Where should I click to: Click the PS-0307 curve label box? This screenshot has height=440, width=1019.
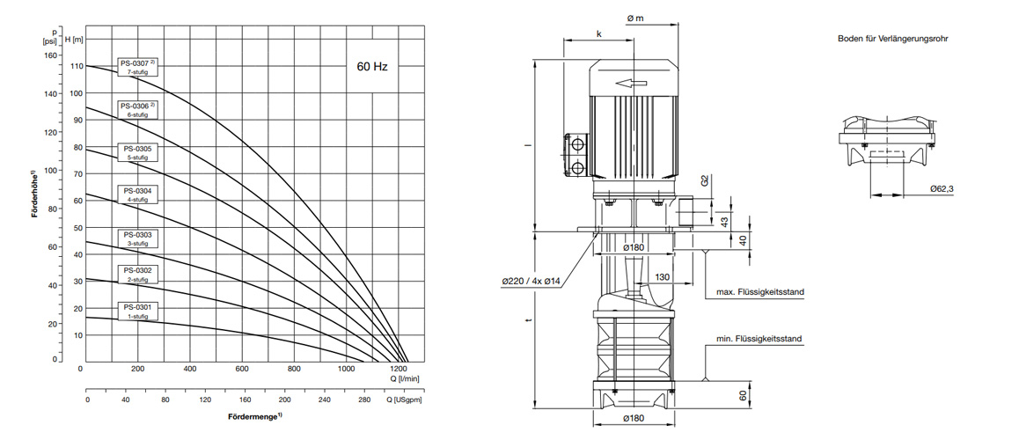coord(139,67)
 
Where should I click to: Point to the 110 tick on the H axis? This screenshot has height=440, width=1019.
coord(77,66)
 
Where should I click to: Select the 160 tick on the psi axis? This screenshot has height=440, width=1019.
coord(48,55)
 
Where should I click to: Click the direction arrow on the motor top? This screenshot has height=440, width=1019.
coord(631,84)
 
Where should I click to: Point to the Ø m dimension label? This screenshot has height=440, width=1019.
coord(634,18)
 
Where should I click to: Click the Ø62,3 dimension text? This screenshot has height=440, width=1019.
coord(942,189)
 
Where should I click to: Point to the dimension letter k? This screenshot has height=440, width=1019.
coord(598,33)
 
